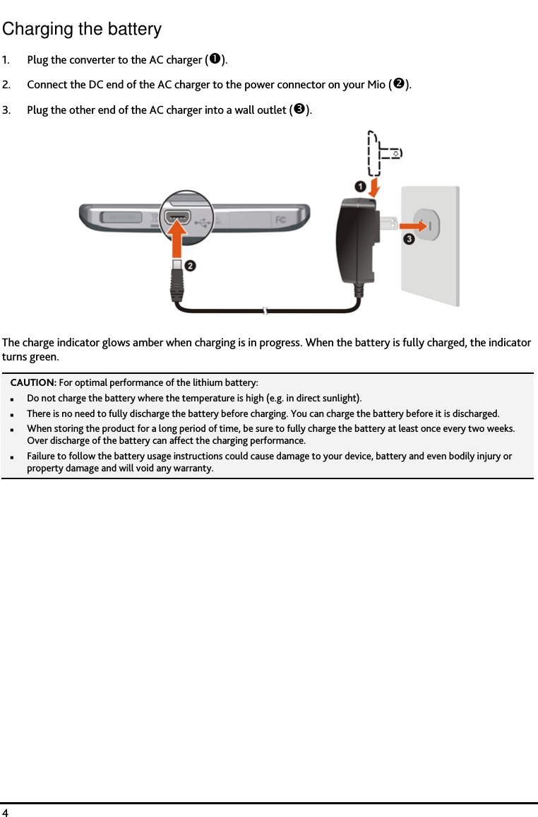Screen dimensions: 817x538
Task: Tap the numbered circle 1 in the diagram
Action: [x=359, y=187]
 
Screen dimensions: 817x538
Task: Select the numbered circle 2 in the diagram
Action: [x=191, y=266]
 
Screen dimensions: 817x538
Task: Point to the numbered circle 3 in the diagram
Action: [x=409, y=240]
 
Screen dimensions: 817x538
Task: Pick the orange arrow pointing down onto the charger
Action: [x=375, y=187]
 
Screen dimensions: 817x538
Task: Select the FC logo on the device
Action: [x=280, y=219]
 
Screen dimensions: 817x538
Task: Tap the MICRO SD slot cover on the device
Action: [x=120, y=216]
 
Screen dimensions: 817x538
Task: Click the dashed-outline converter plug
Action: [x=381, y=152]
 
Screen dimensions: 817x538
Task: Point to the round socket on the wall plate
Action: [x=426, y=225]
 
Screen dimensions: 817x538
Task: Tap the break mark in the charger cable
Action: [x=264, y=310]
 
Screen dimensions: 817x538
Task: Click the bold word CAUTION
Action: [x=32, y=382]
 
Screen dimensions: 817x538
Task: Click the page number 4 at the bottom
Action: [x=6, y=811]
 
